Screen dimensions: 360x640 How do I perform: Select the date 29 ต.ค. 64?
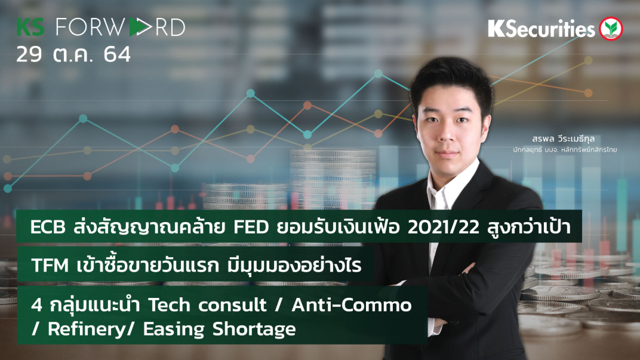(x=73, y=54)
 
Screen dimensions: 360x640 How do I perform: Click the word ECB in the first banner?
(x=48, y=227)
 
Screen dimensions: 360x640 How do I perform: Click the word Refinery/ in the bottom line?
(x=72, y=329)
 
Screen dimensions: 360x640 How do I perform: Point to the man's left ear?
(x=485, y=122)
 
